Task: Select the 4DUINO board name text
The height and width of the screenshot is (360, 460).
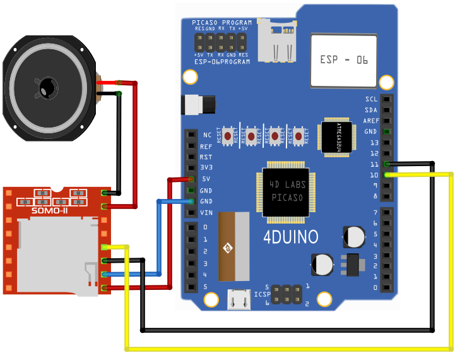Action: coord(291,237)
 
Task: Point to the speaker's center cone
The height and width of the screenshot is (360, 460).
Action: coord(47,87)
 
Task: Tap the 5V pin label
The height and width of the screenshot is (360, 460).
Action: coord(206,179)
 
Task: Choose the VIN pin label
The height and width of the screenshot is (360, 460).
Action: coord(206,212)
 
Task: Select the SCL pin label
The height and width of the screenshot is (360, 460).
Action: coord(371,100)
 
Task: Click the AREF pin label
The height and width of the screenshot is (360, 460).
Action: coord(371,121)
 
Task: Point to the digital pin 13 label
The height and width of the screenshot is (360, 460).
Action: coord(374,143)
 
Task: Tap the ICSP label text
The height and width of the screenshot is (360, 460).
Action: coord(262,294)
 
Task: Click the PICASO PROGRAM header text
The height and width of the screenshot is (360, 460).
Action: coord(222,22)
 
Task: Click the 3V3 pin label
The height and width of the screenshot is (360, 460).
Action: coord(206,168)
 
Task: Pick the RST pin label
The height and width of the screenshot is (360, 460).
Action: coord(206,157)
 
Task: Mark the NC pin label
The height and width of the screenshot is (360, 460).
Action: coord(207,135)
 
